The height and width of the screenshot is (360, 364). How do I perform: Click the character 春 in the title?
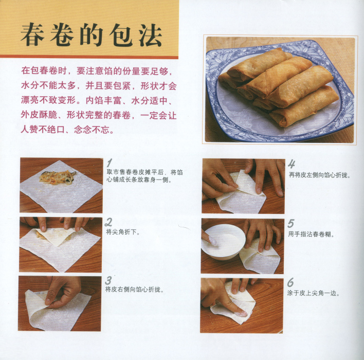tap(33, 34)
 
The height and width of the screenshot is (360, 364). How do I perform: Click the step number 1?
tap(110, 163)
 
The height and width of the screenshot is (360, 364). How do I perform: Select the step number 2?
tap(108, 222)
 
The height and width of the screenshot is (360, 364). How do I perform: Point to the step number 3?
tap(108, 280)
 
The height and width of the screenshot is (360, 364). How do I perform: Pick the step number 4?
tap(292, 164)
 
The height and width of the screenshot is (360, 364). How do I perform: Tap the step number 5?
tap(290, 223)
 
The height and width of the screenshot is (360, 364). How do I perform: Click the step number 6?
tap(290, 283)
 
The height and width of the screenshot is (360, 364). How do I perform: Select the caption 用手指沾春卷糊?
tap(311, 234)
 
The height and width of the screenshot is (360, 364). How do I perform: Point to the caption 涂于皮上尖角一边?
tap(314, 293)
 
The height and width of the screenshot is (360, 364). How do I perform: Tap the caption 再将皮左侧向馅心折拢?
tap(319, 175)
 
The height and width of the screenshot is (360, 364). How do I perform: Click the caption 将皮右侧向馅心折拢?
tap(135, 290)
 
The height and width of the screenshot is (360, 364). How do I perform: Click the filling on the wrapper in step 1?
tap(58, 177)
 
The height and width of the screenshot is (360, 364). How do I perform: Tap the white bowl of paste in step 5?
tap(223, 242)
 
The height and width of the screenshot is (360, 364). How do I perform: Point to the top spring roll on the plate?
tap(259, 62)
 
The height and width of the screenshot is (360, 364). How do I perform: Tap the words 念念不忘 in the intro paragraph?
tap(92, 130)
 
